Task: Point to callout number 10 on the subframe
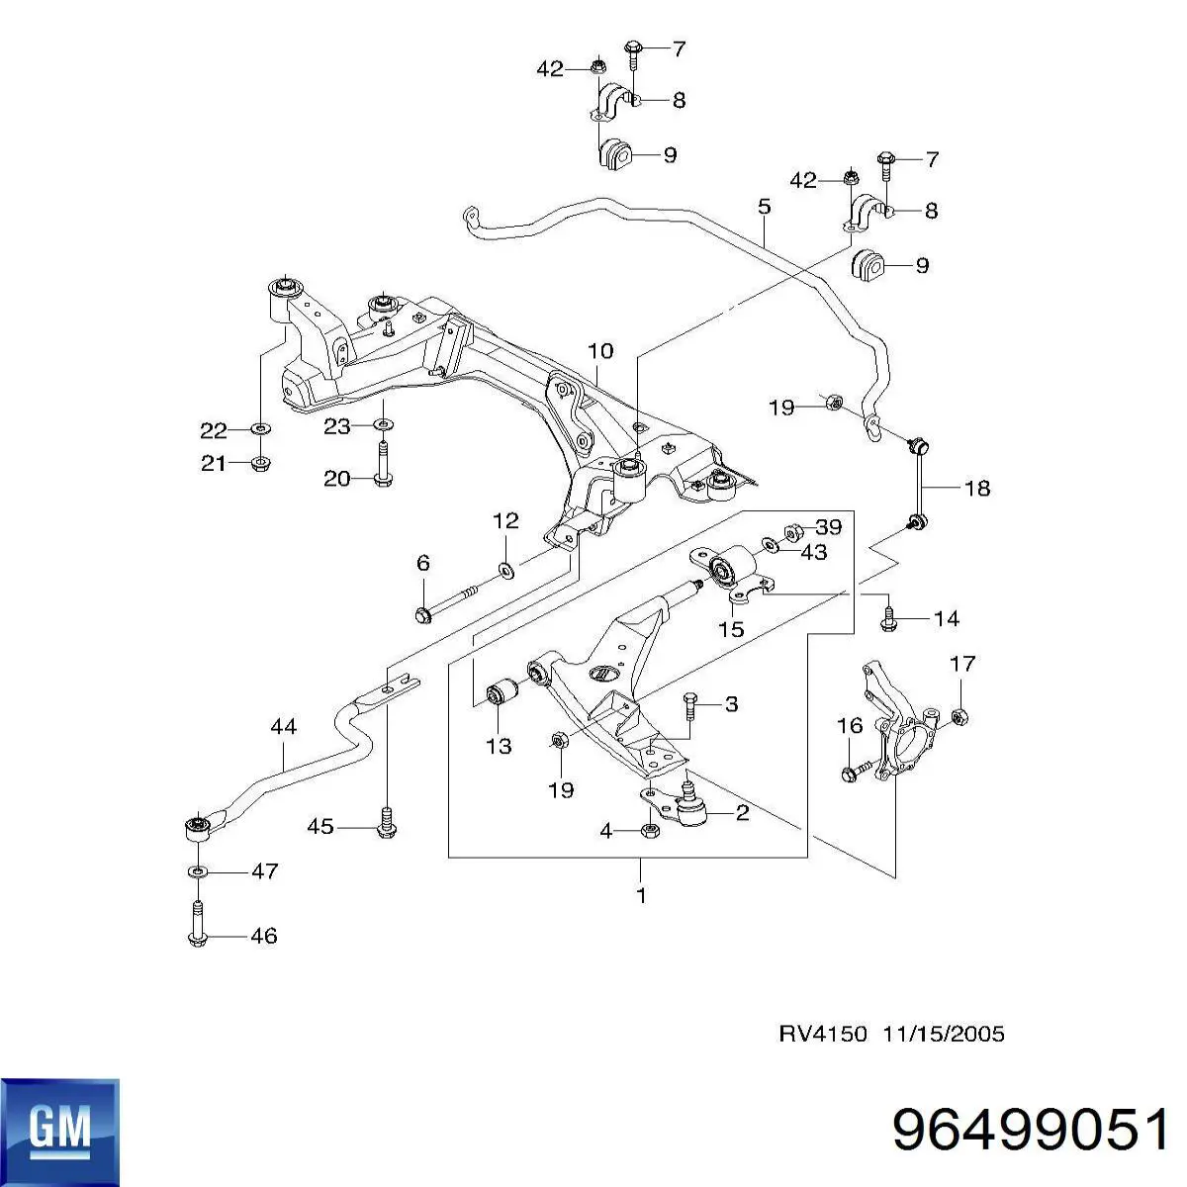600,351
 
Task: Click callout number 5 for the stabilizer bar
764,208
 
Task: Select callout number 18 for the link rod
976,488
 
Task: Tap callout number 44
283,727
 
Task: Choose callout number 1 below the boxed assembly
641,896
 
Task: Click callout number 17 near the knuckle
962,664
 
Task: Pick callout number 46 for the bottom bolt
263,936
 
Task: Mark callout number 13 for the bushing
500,746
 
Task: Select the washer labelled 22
260,429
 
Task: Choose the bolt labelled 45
386,824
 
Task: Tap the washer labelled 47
198,871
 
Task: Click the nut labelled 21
261,463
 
